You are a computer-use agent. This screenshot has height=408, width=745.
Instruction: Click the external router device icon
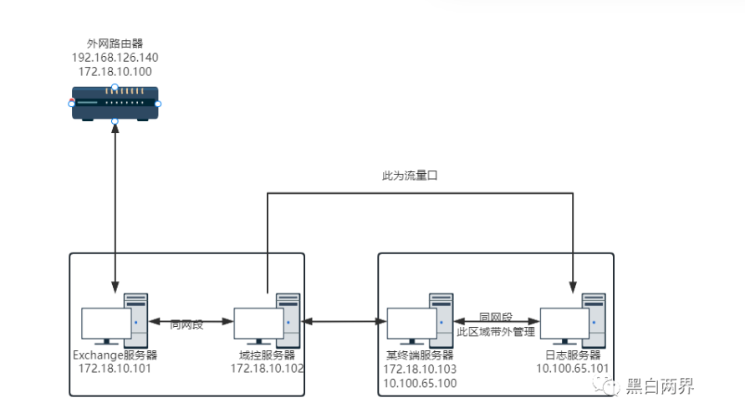tap(115, 105)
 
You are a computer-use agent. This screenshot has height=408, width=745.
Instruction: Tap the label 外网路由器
tap(115, 43)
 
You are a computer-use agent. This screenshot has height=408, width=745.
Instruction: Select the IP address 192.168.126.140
tap(115, 58)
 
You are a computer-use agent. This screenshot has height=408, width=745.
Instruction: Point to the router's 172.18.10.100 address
tap(115, 72)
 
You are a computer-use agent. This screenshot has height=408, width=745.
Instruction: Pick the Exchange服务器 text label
tap(115, 354)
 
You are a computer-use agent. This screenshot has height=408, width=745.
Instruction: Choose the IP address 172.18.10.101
tap(115, 368)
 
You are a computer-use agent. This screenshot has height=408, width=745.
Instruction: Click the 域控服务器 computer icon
tap(267, 319)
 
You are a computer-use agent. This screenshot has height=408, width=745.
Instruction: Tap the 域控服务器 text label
tap(267, 354)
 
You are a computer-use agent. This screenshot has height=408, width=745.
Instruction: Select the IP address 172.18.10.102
tap(267, 368)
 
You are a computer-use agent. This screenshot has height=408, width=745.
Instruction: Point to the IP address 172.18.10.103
tap(420, 369)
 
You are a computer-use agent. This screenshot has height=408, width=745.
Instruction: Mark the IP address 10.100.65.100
tap(420, 382)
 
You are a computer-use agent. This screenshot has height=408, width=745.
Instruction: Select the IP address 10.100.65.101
tap(573, 368)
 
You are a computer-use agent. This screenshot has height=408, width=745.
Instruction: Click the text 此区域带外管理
tap(496, 332)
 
